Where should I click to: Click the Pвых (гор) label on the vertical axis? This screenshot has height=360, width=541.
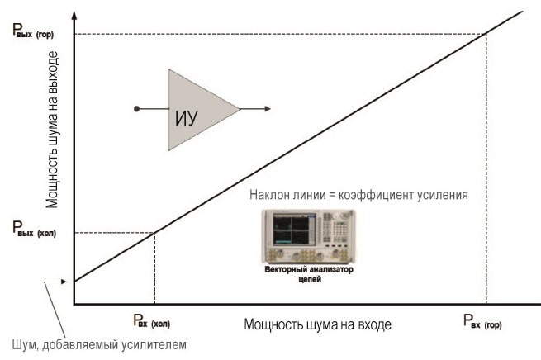point(33,31)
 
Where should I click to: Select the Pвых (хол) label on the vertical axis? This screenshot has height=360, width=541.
point(34,230)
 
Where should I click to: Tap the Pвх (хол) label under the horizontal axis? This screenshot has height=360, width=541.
point(151,320)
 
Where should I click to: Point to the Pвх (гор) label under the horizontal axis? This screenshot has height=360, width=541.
point(482,321)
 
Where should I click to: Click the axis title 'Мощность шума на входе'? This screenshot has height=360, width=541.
point(317,324)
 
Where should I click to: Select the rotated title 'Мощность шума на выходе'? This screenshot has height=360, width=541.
point(52,130)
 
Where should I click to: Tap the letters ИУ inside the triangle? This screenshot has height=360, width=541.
point(187,118)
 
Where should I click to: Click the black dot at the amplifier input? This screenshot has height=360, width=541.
point(136,109)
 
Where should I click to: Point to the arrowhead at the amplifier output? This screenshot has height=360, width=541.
point(268,109)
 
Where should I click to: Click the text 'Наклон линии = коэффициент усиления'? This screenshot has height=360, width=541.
point(358,195)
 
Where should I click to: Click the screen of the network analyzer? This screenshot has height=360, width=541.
point(292,229)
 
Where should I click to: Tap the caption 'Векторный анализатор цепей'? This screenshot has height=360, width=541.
point(309,274)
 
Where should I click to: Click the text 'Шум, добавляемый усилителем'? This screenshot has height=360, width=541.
point(99,344)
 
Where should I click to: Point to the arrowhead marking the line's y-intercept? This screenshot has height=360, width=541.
point(64,282)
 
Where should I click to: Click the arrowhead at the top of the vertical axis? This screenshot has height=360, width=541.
point(74,15)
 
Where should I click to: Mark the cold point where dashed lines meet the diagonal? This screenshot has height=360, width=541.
point(154,233)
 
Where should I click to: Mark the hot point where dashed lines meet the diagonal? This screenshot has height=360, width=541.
point(486,34)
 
